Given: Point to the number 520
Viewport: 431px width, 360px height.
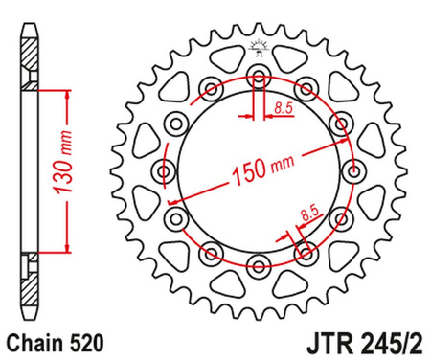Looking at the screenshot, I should [79, 340].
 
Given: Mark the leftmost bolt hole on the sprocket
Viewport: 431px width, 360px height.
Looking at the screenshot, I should [165, 170].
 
